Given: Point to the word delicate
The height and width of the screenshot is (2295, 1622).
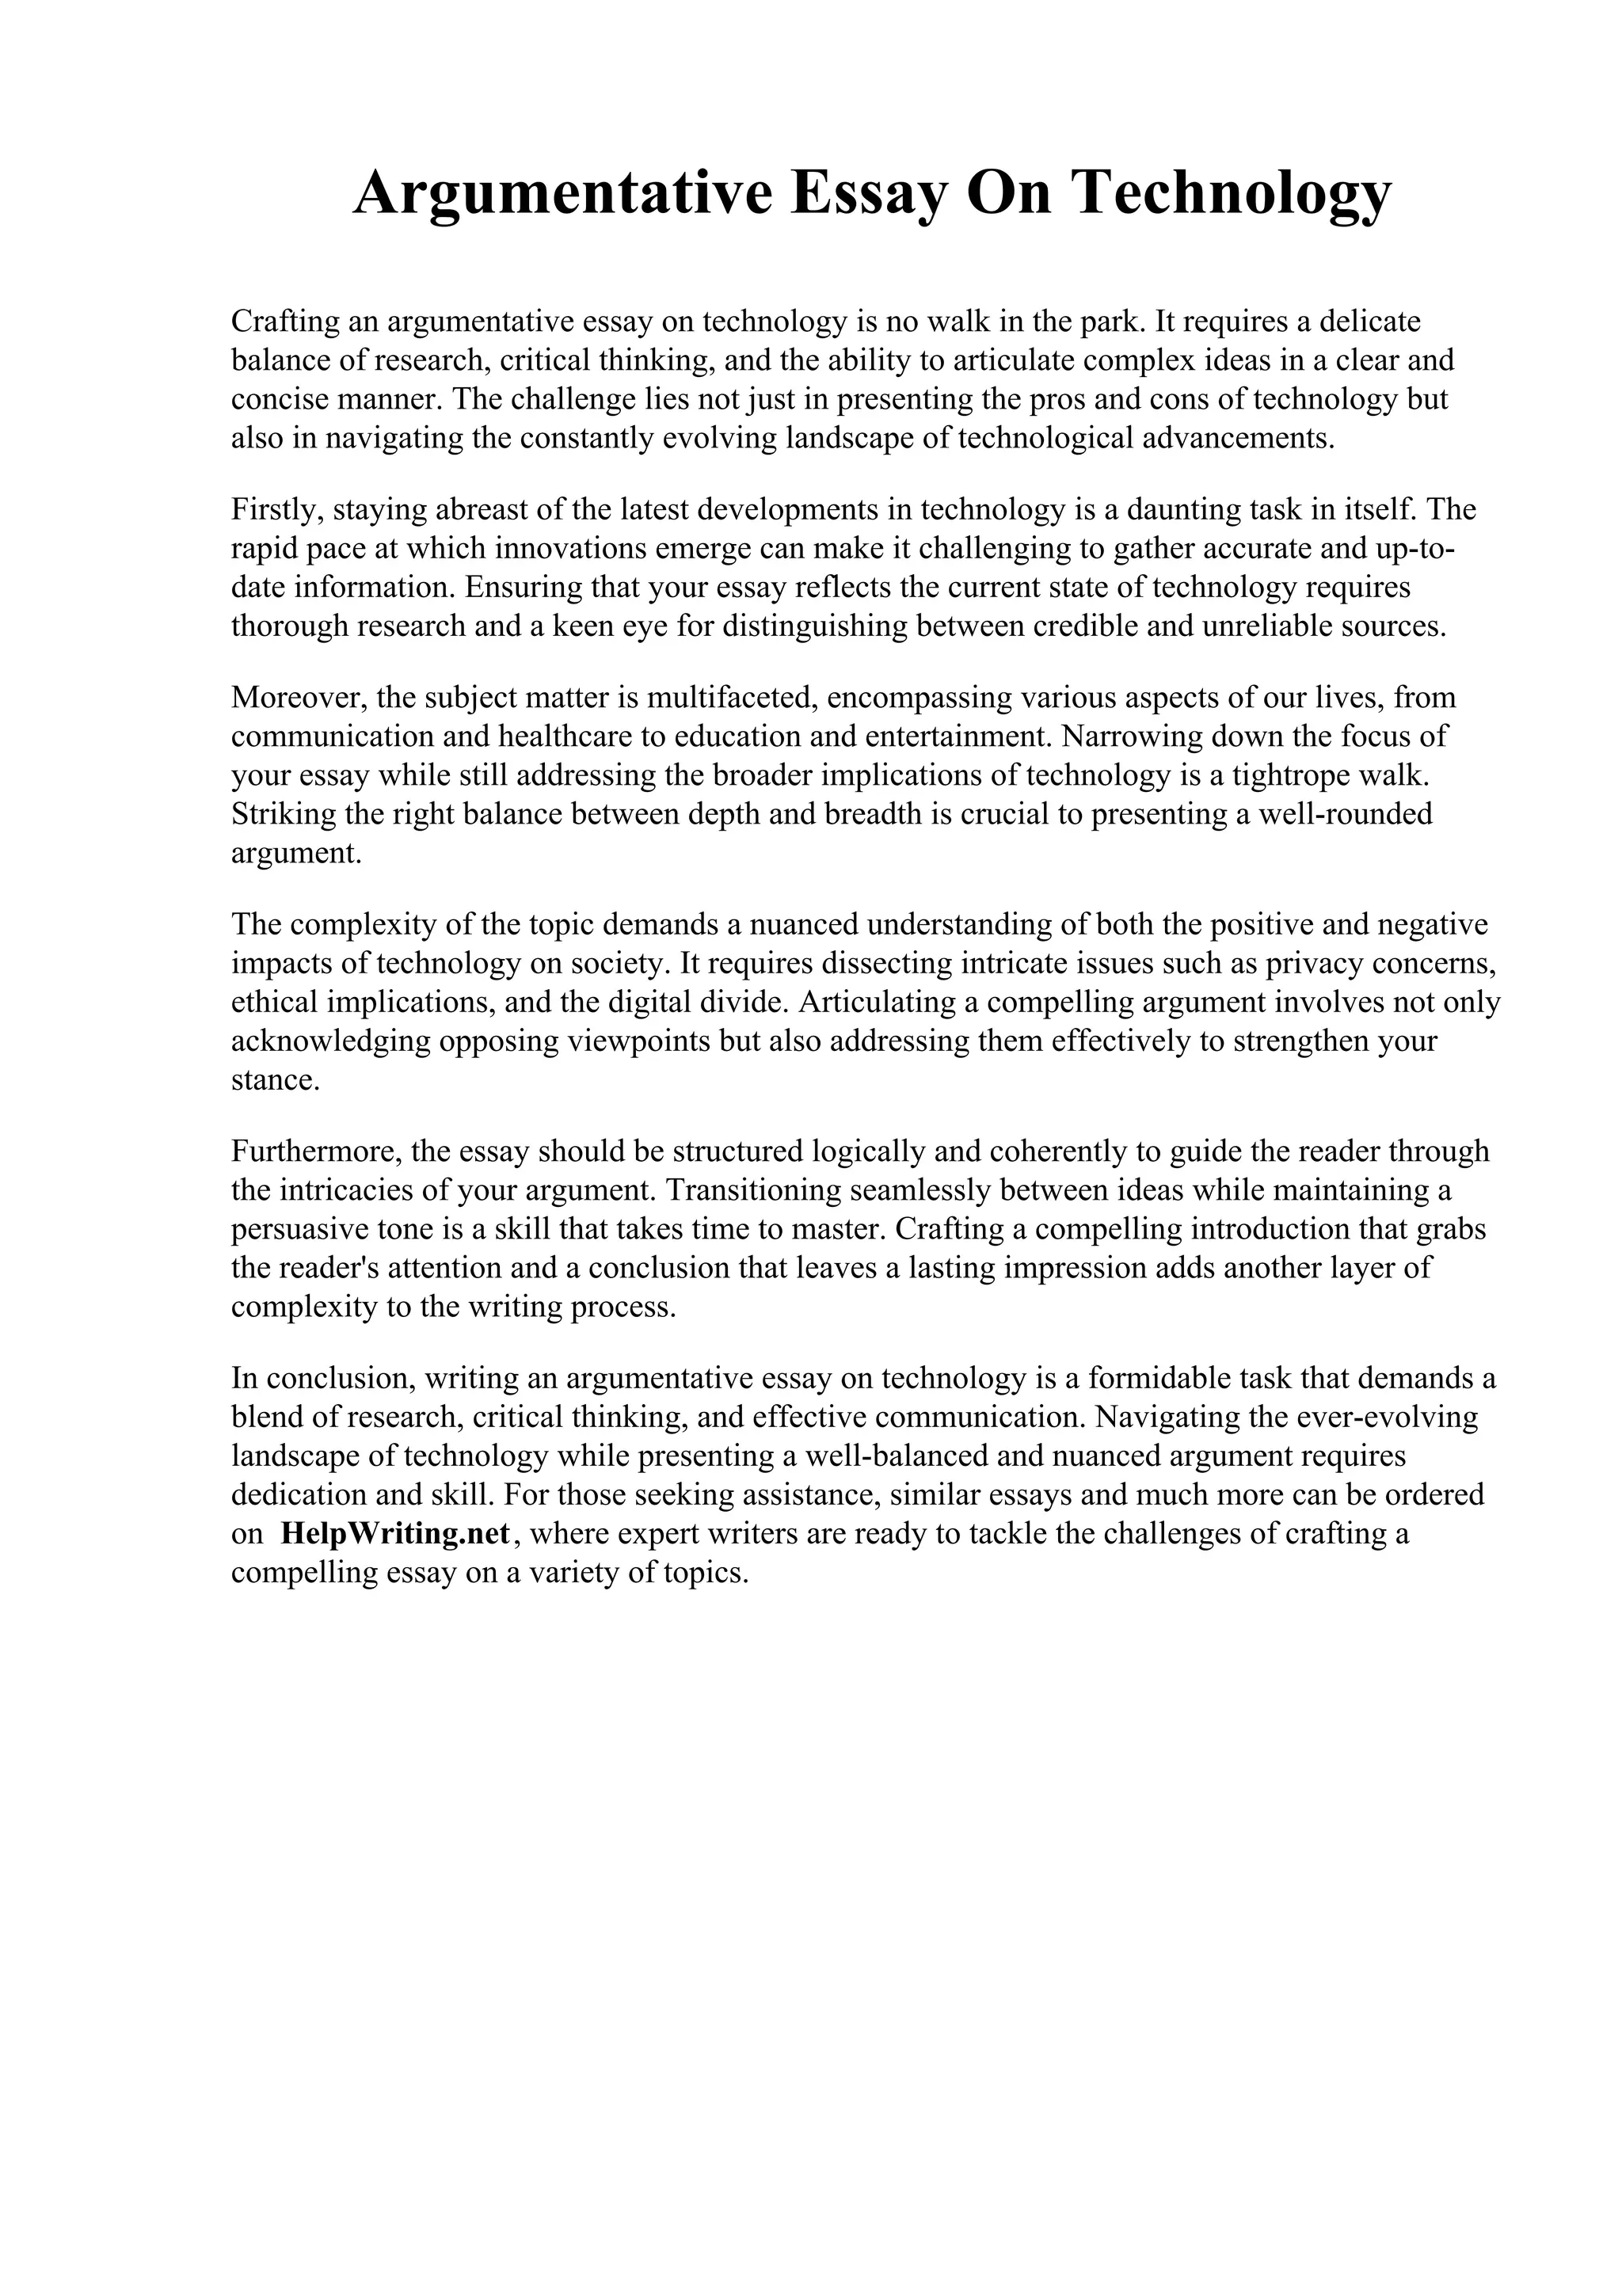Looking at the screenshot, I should [x=1370, y=322].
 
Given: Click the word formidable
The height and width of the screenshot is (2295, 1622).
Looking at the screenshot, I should [x=1154, y=1379].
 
